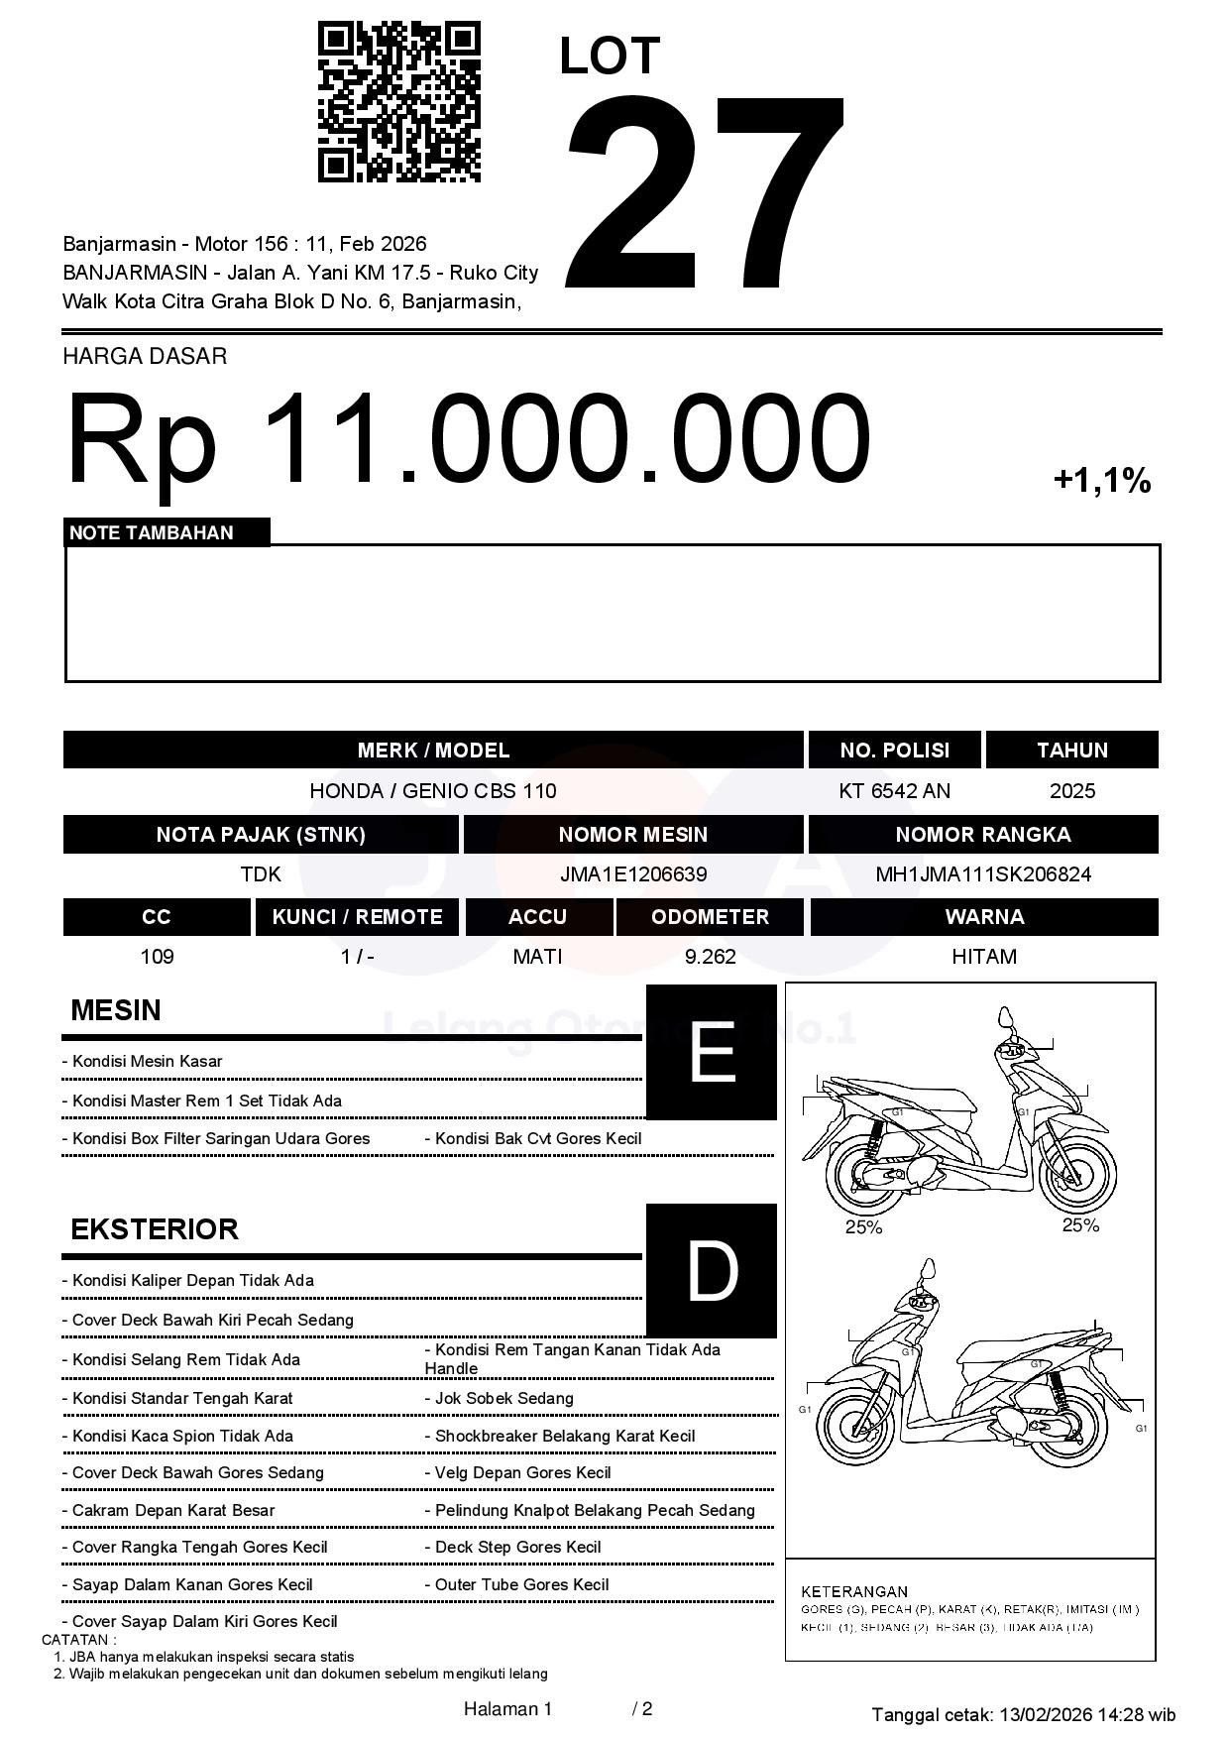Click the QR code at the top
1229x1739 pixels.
(398, 102)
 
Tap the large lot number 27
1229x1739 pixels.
(706, 193)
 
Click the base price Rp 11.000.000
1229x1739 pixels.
(468, 439)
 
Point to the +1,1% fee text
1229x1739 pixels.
(1101, 482)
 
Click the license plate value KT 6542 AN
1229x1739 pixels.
(894, 791)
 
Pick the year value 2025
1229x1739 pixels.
(1071, 791)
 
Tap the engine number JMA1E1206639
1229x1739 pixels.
(632, 874)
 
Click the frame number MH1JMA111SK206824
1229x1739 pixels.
(983, 874)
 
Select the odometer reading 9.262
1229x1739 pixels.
(710, 957)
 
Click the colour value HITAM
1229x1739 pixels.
(983, 957)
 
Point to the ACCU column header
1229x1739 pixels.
(537, 917)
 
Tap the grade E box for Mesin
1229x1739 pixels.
(711, 1052)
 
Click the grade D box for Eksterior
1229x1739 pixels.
(711, 1270)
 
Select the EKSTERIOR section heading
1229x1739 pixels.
(155, 1229)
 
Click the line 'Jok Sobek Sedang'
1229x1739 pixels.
(503, 1399)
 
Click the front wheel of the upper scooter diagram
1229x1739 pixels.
(1078, 1174)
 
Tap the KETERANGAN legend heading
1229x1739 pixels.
(854, 1591)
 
